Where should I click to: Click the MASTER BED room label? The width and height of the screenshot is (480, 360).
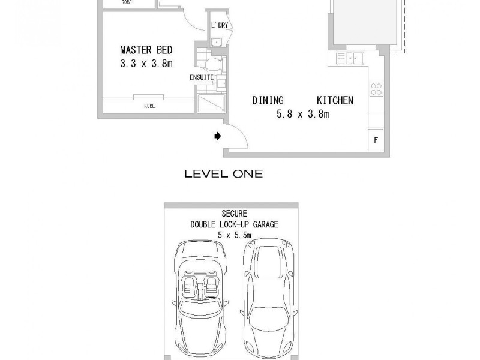146,50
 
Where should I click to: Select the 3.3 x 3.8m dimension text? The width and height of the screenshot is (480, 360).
146,63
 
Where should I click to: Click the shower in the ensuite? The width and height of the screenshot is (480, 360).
211,103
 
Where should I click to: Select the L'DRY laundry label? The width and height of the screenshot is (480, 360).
219,25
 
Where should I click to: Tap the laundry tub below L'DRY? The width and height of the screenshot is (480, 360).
217,41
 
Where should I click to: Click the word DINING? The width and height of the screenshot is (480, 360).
268,100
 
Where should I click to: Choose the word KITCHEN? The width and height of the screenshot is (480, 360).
335,100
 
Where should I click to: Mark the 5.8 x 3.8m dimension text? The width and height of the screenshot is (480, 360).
302,114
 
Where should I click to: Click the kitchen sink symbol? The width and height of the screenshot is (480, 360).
349,58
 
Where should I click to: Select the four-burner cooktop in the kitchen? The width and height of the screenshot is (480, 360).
376,89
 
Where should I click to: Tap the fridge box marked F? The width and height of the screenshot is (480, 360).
376,140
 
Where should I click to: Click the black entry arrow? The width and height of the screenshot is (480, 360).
218,137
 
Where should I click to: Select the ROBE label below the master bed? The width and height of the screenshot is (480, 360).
149,106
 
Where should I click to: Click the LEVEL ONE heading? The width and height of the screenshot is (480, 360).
223,174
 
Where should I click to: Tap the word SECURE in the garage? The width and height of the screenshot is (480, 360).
234,214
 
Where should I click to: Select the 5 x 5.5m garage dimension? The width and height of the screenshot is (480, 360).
235,235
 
